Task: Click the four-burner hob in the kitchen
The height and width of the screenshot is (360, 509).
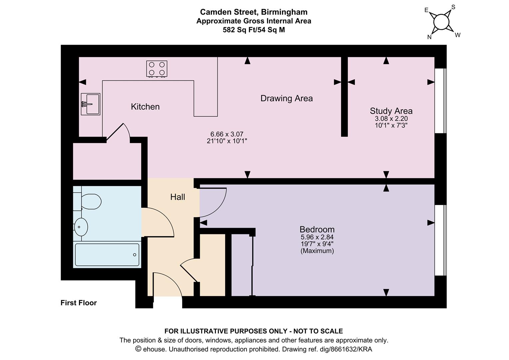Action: [157, 69]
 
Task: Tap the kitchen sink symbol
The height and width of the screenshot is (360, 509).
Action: [90, 104]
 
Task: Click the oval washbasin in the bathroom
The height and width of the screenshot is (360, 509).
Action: [81, 227]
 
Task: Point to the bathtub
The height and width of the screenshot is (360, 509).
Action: [107, 255]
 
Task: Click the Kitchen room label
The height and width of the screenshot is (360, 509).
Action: [145, 107]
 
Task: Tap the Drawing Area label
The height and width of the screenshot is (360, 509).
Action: [286, 98]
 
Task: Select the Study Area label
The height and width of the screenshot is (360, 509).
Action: [391, 111]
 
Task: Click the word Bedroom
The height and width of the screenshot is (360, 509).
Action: [317, 229]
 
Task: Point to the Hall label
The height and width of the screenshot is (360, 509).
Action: [178, 197]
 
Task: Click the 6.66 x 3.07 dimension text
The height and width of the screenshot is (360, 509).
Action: [227, 134]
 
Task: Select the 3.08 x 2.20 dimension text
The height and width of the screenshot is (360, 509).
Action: [391, 118]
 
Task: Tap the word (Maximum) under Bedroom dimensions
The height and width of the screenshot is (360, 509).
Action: [317, 251]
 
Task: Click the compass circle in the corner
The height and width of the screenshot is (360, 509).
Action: [441, 22]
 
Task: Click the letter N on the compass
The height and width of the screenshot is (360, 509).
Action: [429, 37]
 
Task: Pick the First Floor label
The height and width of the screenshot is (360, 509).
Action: [79, 303]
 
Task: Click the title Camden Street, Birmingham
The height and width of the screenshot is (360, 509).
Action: [254, 12]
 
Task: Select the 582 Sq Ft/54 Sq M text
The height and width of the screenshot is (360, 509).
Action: [254, 30]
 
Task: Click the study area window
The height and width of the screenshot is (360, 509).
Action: [440, 101]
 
